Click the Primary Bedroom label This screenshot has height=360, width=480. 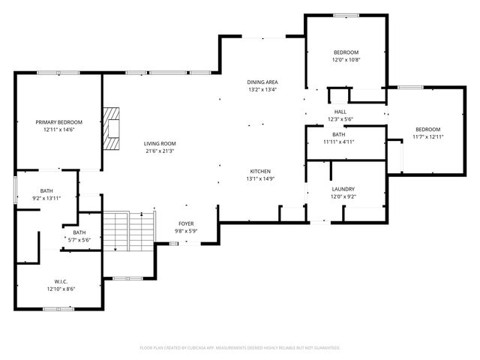(58, 122)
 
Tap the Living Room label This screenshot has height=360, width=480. (160, 143)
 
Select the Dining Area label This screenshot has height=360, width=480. (262, 82)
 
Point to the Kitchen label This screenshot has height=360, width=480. (260, 171)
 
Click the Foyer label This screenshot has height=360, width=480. (186, 223)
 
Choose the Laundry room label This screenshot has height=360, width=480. (343, 189)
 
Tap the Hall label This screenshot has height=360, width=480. (339, 111)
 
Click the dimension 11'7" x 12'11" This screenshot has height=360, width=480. (427, 136)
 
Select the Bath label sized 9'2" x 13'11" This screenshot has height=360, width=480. (46, 190)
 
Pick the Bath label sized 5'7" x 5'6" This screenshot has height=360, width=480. (79, 232)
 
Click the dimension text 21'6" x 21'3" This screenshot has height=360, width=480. (160, 151)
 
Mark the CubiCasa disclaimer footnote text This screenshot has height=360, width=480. (240, 348)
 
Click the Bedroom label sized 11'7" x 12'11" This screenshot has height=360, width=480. (427, 129)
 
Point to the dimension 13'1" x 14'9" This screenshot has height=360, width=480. (260, 178)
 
